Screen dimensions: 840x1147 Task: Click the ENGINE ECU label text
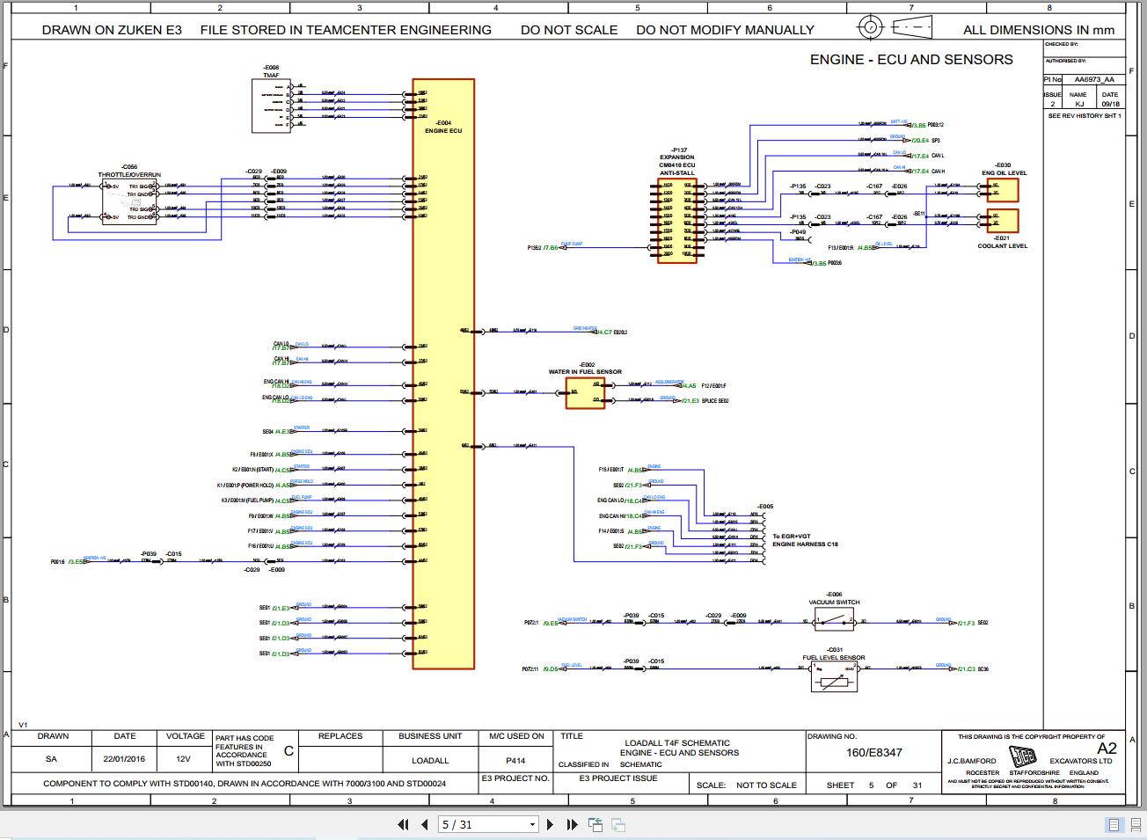(443, 130)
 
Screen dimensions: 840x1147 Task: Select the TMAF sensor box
(271, 106)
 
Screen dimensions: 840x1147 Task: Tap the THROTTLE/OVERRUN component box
(129, 201)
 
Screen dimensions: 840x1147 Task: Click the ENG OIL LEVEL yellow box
(1003, 191)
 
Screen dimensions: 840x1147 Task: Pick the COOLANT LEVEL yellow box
(1003, 221)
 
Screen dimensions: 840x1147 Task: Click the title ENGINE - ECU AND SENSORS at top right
(910, 60)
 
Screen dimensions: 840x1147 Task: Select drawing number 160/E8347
(873, 753)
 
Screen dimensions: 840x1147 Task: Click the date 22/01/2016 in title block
(125, 759)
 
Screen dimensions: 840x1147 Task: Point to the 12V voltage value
(184, 759)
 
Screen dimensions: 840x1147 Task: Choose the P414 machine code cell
(515, 760)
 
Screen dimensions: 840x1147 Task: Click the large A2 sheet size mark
(1107, 749)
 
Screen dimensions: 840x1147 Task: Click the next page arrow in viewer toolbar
(551, 824)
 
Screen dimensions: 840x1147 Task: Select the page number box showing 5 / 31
(488, 824)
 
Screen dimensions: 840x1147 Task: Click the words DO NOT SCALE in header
(569, 30)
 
